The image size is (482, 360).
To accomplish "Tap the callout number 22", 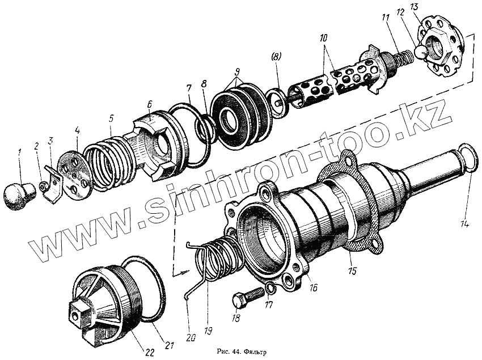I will (x=149, y=351).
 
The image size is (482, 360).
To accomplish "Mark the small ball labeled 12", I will (x=420, y=51).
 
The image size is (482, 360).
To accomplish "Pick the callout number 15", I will (x=352, y=272).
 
